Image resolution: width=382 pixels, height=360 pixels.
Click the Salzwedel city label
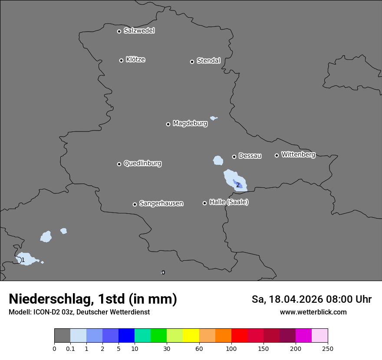[139, 31]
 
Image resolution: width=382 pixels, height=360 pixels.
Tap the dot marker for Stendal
[192, 62]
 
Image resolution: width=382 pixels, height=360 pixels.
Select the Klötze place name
[135, 60]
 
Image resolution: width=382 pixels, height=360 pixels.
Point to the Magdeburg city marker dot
[168, 124]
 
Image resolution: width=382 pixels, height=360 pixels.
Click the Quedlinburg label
[142, 164]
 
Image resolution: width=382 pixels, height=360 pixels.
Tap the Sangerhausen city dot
[135, 204]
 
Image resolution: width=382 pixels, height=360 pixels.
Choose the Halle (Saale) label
[229, 202]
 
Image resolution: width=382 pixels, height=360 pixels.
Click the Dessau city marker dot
[234, 157]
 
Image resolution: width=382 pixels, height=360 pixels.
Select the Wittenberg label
[298, 154]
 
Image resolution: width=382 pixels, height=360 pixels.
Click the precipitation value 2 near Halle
[238, 185]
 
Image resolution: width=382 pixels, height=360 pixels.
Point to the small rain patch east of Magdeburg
[213, 118]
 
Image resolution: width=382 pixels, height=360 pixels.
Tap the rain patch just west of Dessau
[218, 161]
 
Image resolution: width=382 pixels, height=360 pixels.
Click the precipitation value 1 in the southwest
[23, 260]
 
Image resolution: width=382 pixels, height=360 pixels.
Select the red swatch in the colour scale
[239, 336]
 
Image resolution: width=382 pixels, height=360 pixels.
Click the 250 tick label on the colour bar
[328, 348]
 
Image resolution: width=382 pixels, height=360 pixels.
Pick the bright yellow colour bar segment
[191, 336]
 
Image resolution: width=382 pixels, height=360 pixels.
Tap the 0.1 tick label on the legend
[70, 348]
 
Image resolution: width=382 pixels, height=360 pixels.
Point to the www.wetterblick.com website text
[313, 312]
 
